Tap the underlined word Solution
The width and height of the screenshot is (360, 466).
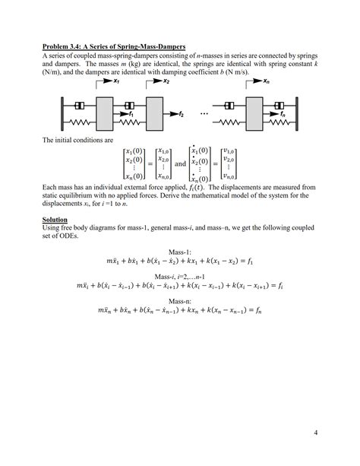56,219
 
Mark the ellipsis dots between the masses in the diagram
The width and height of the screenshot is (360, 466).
205,113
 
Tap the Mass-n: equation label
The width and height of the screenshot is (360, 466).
180,300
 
